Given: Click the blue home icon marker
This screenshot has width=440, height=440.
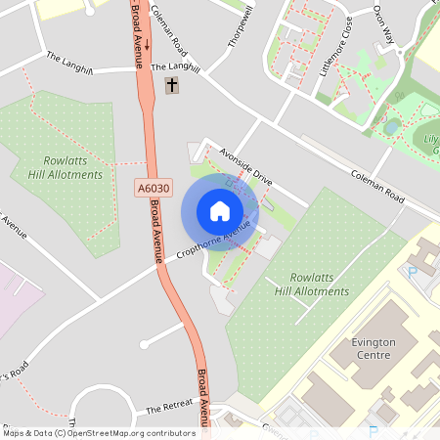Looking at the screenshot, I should (x=220, y=211).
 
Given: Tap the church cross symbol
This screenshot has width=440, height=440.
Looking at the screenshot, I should (x=173, y=86).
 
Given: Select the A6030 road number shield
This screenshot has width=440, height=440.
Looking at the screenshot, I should (x=153, y=187).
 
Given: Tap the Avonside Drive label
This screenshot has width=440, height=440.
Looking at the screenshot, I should (x=245, y=167).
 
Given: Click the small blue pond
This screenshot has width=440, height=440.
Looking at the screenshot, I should (x=392, y=126).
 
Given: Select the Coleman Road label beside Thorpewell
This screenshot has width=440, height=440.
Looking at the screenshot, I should (x=169, y=29).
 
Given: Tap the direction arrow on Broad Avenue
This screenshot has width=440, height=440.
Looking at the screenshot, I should (x=147, y=45).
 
